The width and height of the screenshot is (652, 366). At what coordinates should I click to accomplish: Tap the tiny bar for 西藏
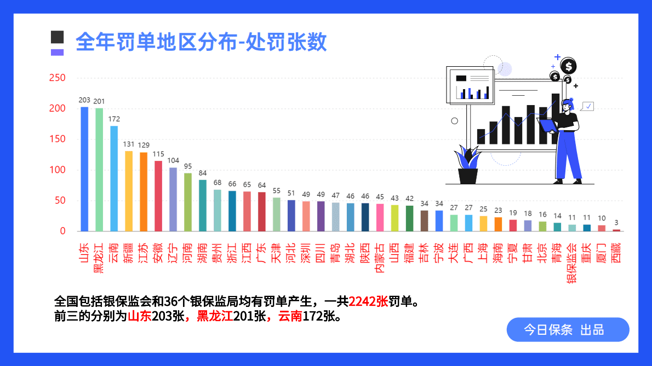[x=616, y=230]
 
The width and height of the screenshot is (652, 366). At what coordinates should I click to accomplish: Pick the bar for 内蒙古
[x=380, y=217]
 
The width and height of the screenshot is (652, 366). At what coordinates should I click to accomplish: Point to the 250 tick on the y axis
[x=57, y=78]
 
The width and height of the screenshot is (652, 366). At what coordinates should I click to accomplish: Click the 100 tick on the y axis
[x=57, y=170]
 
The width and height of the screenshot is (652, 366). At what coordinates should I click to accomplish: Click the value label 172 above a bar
[x=114, y=119]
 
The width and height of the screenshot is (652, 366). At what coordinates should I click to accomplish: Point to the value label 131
[x=129, y=144]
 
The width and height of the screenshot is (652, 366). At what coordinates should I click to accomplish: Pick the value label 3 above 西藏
[x=616, y=223]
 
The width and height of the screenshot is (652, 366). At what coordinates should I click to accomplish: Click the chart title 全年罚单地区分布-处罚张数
[x=201, y=42]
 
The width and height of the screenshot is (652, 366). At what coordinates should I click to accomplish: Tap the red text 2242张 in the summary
[x=368, y=301]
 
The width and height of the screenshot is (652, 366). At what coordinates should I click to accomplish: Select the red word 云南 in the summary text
[x=290, y=316]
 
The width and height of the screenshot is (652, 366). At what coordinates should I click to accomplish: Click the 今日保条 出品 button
[x=568, y=329]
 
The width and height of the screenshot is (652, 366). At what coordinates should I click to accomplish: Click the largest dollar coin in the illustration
[x=569, y=66]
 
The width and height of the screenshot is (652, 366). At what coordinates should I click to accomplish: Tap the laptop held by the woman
[x=548, y=125]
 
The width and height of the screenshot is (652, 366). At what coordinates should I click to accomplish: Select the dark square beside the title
[x=58, y=37]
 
